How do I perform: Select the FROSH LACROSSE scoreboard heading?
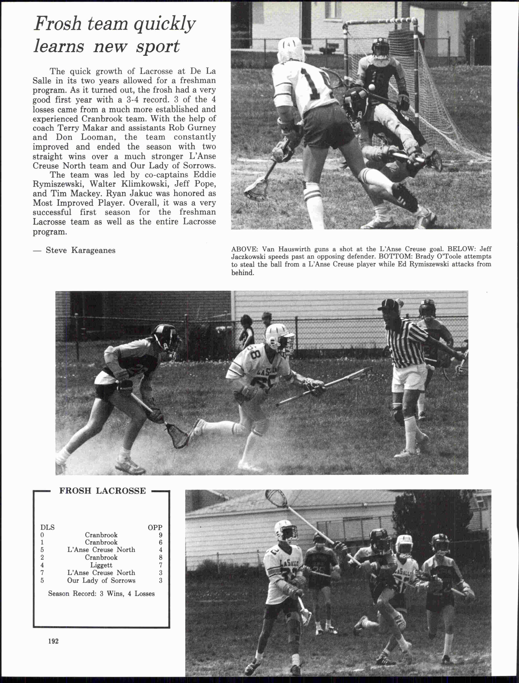102,491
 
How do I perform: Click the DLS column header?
47,527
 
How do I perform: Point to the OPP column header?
155,527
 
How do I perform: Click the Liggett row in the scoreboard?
101,565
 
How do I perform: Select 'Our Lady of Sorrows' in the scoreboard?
101,580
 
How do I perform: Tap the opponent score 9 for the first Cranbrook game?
160,535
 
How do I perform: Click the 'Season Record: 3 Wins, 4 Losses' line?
101,594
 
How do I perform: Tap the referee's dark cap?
389,305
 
